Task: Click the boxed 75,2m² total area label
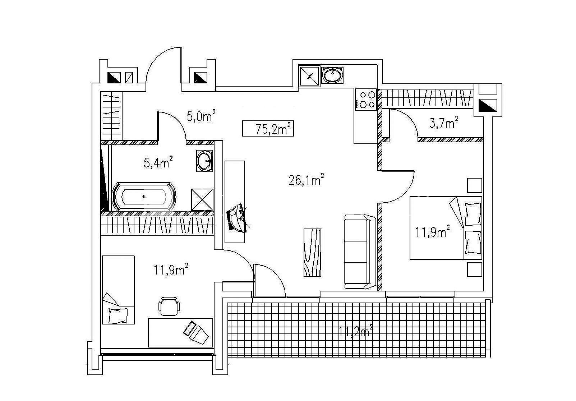(268, 128)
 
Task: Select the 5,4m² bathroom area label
(158, 162)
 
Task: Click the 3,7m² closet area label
(443, 123)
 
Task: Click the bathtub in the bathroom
(144, 197)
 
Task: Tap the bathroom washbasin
(205, 161)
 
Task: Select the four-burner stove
(366, 100)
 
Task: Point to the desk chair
(169, 306)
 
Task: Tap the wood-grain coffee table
(312, 252)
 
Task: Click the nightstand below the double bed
(474, 269)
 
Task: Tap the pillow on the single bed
(118, 315)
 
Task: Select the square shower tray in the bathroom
(202, 199)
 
